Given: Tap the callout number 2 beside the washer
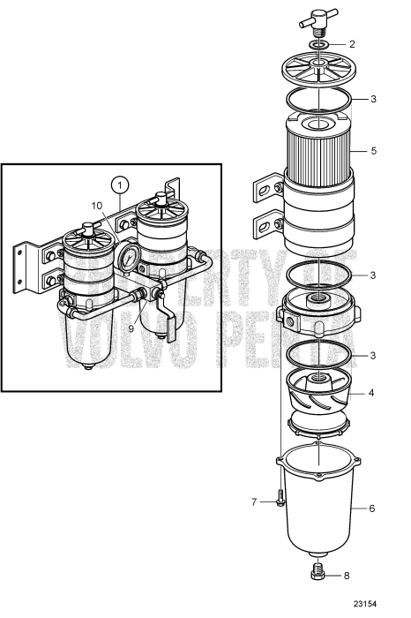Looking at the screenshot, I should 352,43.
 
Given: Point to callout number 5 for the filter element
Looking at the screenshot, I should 373,151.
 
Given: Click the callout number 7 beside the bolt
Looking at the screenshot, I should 254,502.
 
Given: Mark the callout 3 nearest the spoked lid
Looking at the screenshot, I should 373,99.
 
